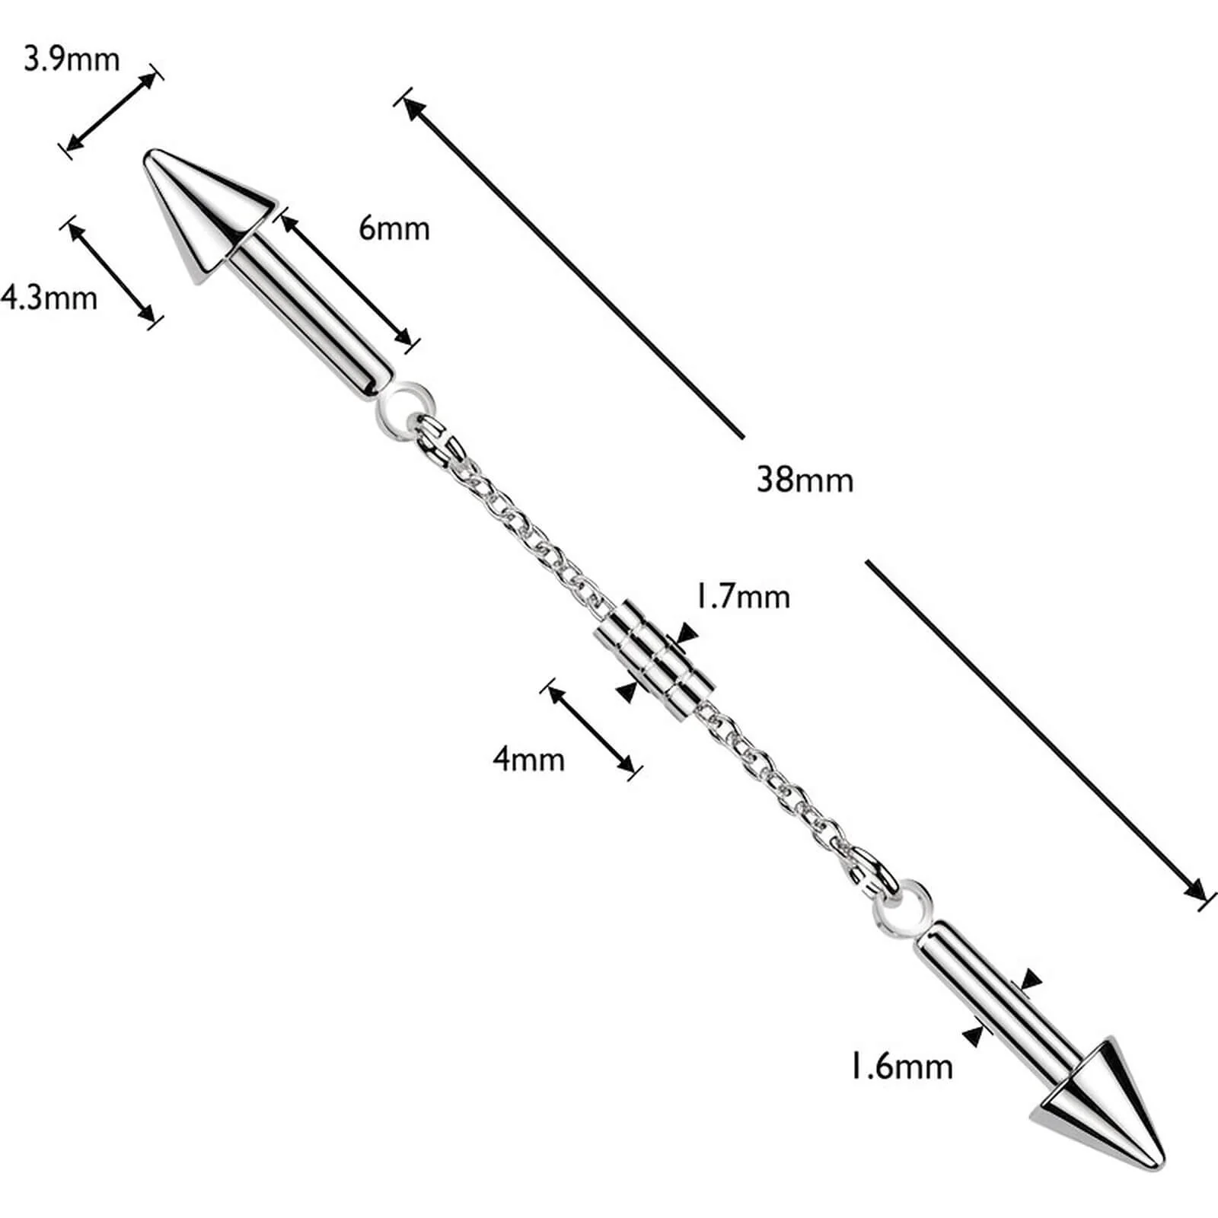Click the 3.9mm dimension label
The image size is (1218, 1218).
pyautogui.click(x=72, y=59)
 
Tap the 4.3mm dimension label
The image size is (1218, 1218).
pyautogui.click(x=49, y=297)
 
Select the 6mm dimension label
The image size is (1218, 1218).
pyautogui.click(x=394, y=228)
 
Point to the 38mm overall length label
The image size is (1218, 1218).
pyautogui.click(x=805, y=480)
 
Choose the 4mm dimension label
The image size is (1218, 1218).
pyautogui.click(x=529, y=759)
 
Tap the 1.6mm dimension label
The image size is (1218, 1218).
pyautogui.click(x=901, y=1067)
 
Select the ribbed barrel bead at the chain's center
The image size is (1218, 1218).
pyautogui.click(x=655, y=659)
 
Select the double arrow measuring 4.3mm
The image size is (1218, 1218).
pyautogui.click(x=112, y=272)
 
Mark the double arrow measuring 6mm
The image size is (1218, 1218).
pyautogui.click(x=346, y=279)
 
